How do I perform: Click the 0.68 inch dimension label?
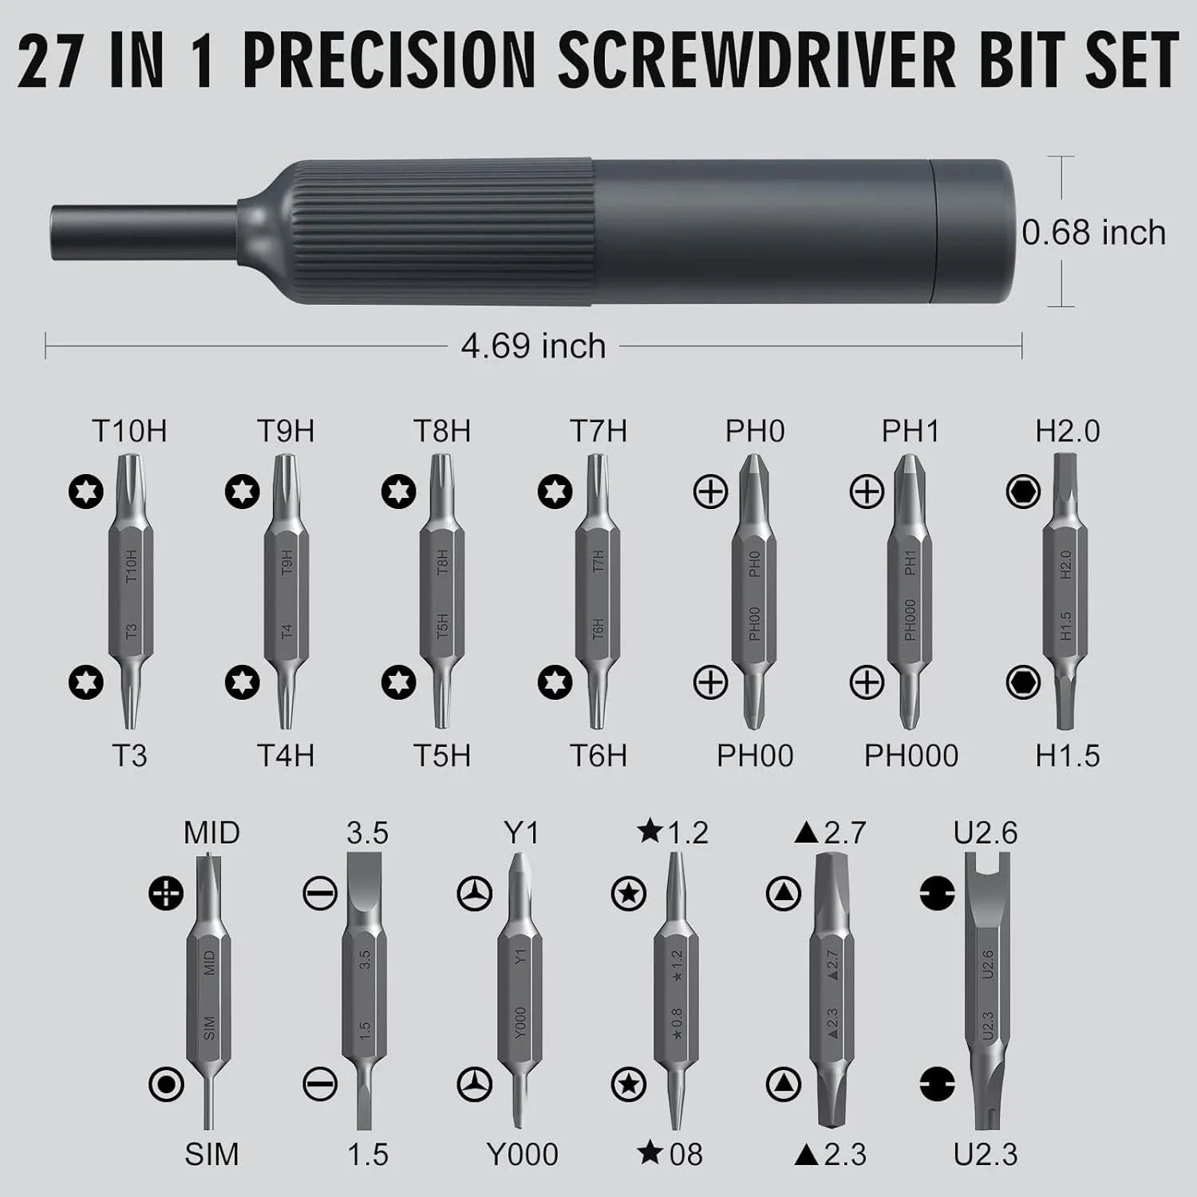(x=1093, y=233)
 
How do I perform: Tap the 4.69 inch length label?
(x=533, y=346)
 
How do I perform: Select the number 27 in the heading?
(x=49, y=61)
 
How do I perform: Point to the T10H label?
(x=129, y=432)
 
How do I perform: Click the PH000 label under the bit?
(x=911, y=756)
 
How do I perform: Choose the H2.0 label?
(x=1067, y=432)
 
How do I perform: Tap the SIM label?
(x=211, y=1154)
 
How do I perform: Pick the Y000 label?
(x=522, y=1154)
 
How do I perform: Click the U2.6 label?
(x=986, y=833)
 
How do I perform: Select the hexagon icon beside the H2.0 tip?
(x=1023, y=492)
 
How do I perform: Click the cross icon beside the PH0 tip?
(x=710, y=492)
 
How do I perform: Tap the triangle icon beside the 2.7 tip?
(x=783, y=894)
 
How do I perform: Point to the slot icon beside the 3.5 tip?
(x=320, y=894)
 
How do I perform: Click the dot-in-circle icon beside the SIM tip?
(x=166, y=1084)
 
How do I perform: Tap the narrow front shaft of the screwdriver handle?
(x=144, y=231)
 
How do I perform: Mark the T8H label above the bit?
(x=441, y=432)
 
